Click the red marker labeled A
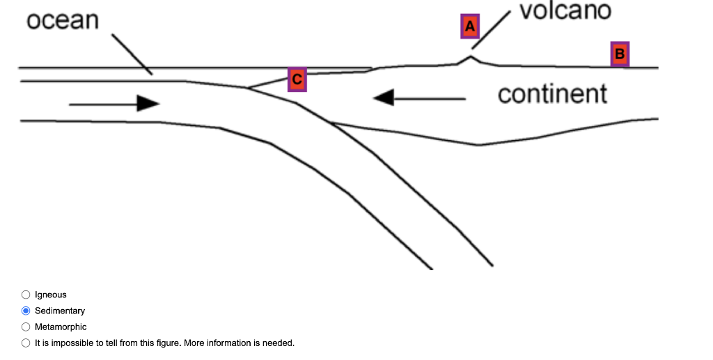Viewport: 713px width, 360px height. tap(470, 26)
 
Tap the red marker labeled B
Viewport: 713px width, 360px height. tap(620, 54)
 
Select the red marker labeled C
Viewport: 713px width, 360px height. tap(297, 79)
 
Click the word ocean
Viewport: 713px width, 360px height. tap(63, 20)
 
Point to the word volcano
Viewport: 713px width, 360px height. tap(565, 10)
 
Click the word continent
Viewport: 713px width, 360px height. tap(552, 93)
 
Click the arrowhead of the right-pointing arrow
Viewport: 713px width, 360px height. tap(148, 104)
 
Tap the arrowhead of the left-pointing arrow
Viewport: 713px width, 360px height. tap(384, 98)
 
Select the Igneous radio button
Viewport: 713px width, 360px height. tap(26, 295)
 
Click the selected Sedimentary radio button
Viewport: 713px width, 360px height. tap(26, 311)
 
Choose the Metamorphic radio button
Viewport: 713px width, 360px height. tap(26, 327)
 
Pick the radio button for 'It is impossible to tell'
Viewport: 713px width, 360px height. tap(26, 343)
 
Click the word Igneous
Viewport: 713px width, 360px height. tap(51, 295)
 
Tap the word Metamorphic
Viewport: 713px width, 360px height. tap(61, 327)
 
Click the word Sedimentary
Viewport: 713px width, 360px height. tap(60, 311)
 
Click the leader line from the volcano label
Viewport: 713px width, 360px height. tap(492, 31)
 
